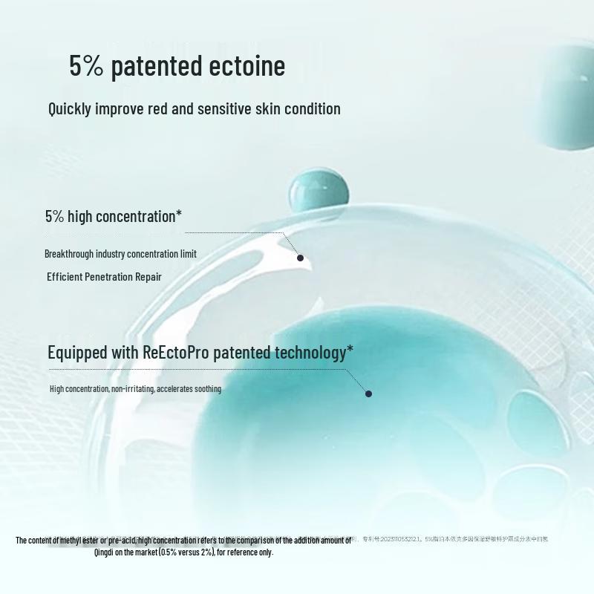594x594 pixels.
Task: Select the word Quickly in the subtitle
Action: point(70,109)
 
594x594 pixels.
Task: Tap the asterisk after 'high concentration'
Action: point(179,215)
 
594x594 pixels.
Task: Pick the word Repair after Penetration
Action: point(148,277)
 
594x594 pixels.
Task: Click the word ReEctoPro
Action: point(175,352)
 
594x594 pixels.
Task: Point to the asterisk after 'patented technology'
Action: point(350,349)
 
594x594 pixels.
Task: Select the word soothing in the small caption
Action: point(208,389)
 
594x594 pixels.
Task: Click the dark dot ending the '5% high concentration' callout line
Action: point(300,258)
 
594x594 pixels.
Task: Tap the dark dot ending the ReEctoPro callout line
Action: point(368,394)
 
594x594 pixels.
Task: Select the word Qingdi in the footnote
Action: point(105,552)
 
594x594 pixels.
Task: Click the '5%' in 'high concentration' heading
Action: point(55,217)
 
